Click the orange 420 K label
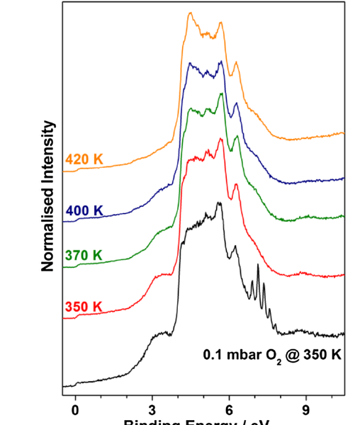84,159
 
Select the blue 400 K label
84,210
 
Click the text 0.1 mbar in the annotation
230,354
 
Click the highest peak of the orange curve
190,13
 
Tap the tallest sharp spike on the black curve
258,265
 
